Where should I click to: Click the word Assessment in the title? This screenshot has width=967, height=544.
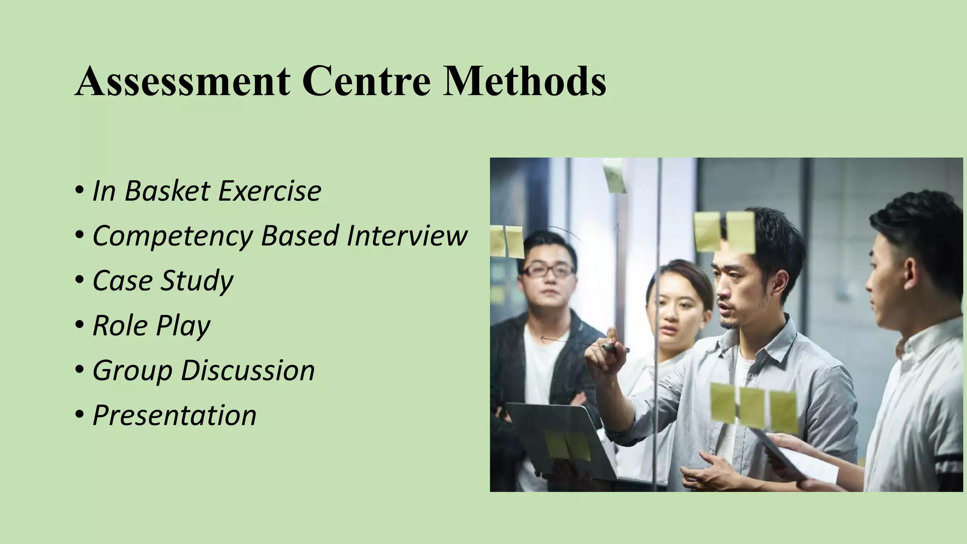[x=182, y=81]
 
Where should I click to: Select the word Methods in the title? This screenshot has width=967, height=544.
[x=524, y=81]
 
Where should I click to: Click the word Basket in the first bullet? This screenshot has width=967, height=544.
[x=167, y=191]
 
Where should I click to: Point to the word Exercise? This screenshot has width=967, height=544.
[x=270, y=191]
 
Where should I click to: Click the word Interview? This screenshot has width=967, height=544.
[x=407, y=235]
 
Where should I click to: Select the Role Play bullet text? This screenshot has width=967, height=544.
[x=151, y=326]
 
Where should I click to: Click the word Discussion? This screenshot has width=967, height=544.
[x=248, y=370]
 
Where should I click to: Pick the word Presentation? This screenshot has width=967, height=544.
[x=174, y=415]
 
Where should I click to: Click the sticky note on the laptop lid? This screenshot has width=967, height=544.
[x=567, y=445]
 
